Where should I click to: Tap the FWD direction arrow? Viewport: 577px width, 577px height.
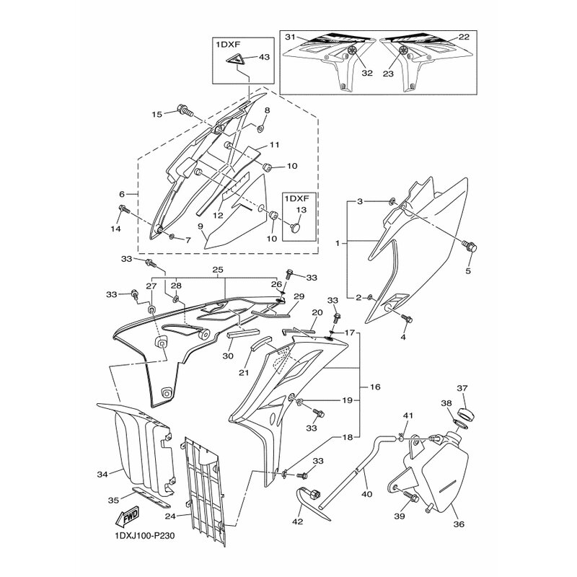click(125, 516)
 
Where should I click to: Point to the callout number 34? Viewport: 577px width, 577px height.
click(102, 474)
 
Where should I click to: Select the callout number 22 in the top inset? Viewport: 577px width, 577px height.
click(464, 37)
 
